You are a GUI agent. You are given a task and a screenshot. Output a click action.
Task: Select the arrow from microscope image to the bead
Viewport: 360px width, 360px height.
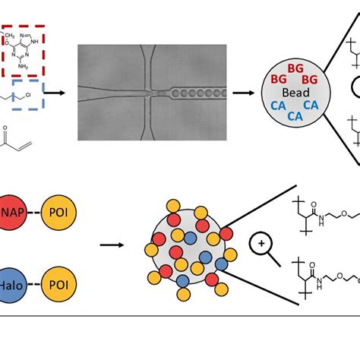pyautogui.click(x=243, y=93)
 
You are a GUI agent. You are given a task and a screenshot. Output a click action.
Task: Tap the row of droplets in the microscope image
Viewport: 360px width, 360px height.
pyautogui.click(x=194, y=93)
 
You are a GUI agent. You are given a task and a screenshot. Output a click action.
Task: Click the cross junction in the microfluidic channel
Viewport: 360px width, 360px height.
pyautogui.click(x=151, y=93)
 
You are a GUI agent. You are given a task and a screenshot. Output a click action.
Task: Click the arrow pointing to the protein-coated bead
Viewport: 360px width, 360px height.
pyautogui.click(x=115, y=245)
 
